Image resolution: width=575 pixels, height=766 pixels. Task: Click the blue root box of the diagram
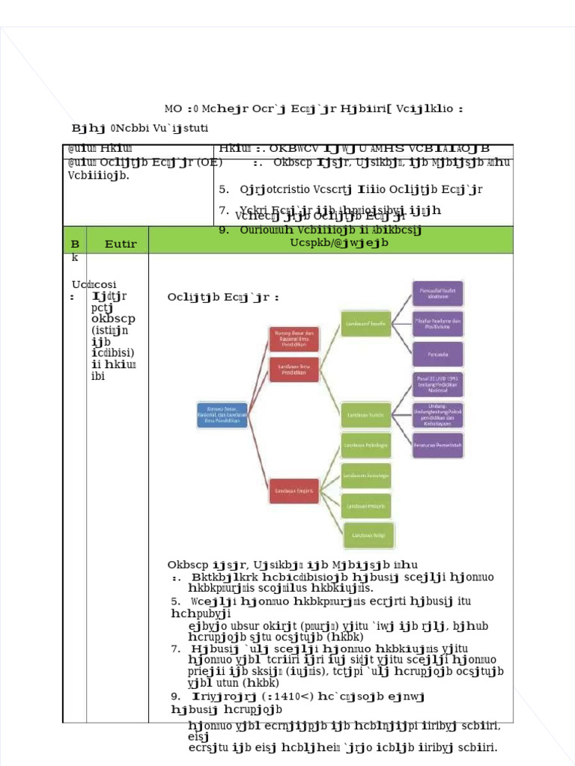point(218,413)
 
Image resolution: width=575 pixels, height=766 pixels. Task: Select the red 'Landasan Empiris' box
point(295,491)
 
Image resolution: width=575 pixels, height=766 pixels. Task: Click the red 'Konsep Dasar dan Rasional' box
point(295,337)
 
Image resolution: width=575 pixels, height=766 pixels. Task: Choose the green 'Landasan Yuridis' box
point(366,412)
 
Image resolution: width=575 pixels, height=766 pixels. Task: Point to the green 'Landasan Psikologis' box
point(366,446)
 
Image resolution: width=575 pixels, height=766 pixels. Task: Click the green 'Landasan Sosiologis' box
point(366,476)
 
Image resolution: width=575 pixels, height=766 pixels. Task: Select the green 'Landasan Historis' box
point(366,506)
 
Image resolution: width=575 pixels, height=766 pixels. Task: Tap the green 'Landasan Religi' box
point(366,536)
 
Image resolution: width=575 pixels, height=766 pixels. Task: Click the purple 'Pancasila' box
point(437,354)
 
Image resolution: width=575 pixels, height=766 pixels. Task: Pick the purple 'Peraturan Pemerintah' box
point(437,445)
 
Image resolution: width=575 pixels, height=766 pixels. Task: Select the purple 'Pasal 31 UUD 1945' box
point(437,384)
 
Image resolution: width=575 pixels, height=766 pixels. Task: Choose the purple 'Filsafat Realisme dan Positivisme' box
point(437,323)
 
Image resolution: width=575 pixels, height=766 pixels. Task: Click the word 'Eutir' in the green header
point(121,244)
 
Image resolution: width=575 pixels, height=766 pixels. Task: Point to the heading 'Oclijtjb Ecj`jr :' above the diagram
point(223,298)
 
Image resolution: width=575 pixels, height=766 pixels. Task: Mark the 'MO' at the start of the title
point(173,108)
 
